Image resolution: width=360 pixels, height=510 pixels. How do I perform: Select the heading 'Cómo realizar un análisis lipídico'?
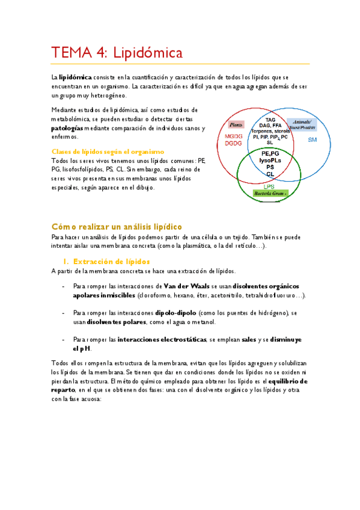117,226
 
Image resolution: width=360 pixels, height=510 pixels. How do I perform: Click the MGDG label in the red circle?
233,135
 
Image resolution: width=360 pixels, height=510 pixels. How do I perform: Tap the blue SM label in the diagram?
312,140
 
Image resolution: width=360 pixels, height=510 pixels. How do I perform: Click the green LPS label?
270,186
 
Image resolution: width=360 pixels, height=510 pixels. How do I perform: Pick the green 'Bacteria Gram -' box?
270,194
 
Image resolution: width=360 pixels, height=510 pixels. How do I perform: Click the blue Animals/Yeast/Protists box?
301,124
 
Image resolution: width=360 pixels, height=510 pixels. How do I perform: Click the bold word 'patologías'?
71,128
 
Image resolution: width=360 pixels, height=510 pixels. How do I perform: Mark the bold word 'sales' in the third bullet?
249,340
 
